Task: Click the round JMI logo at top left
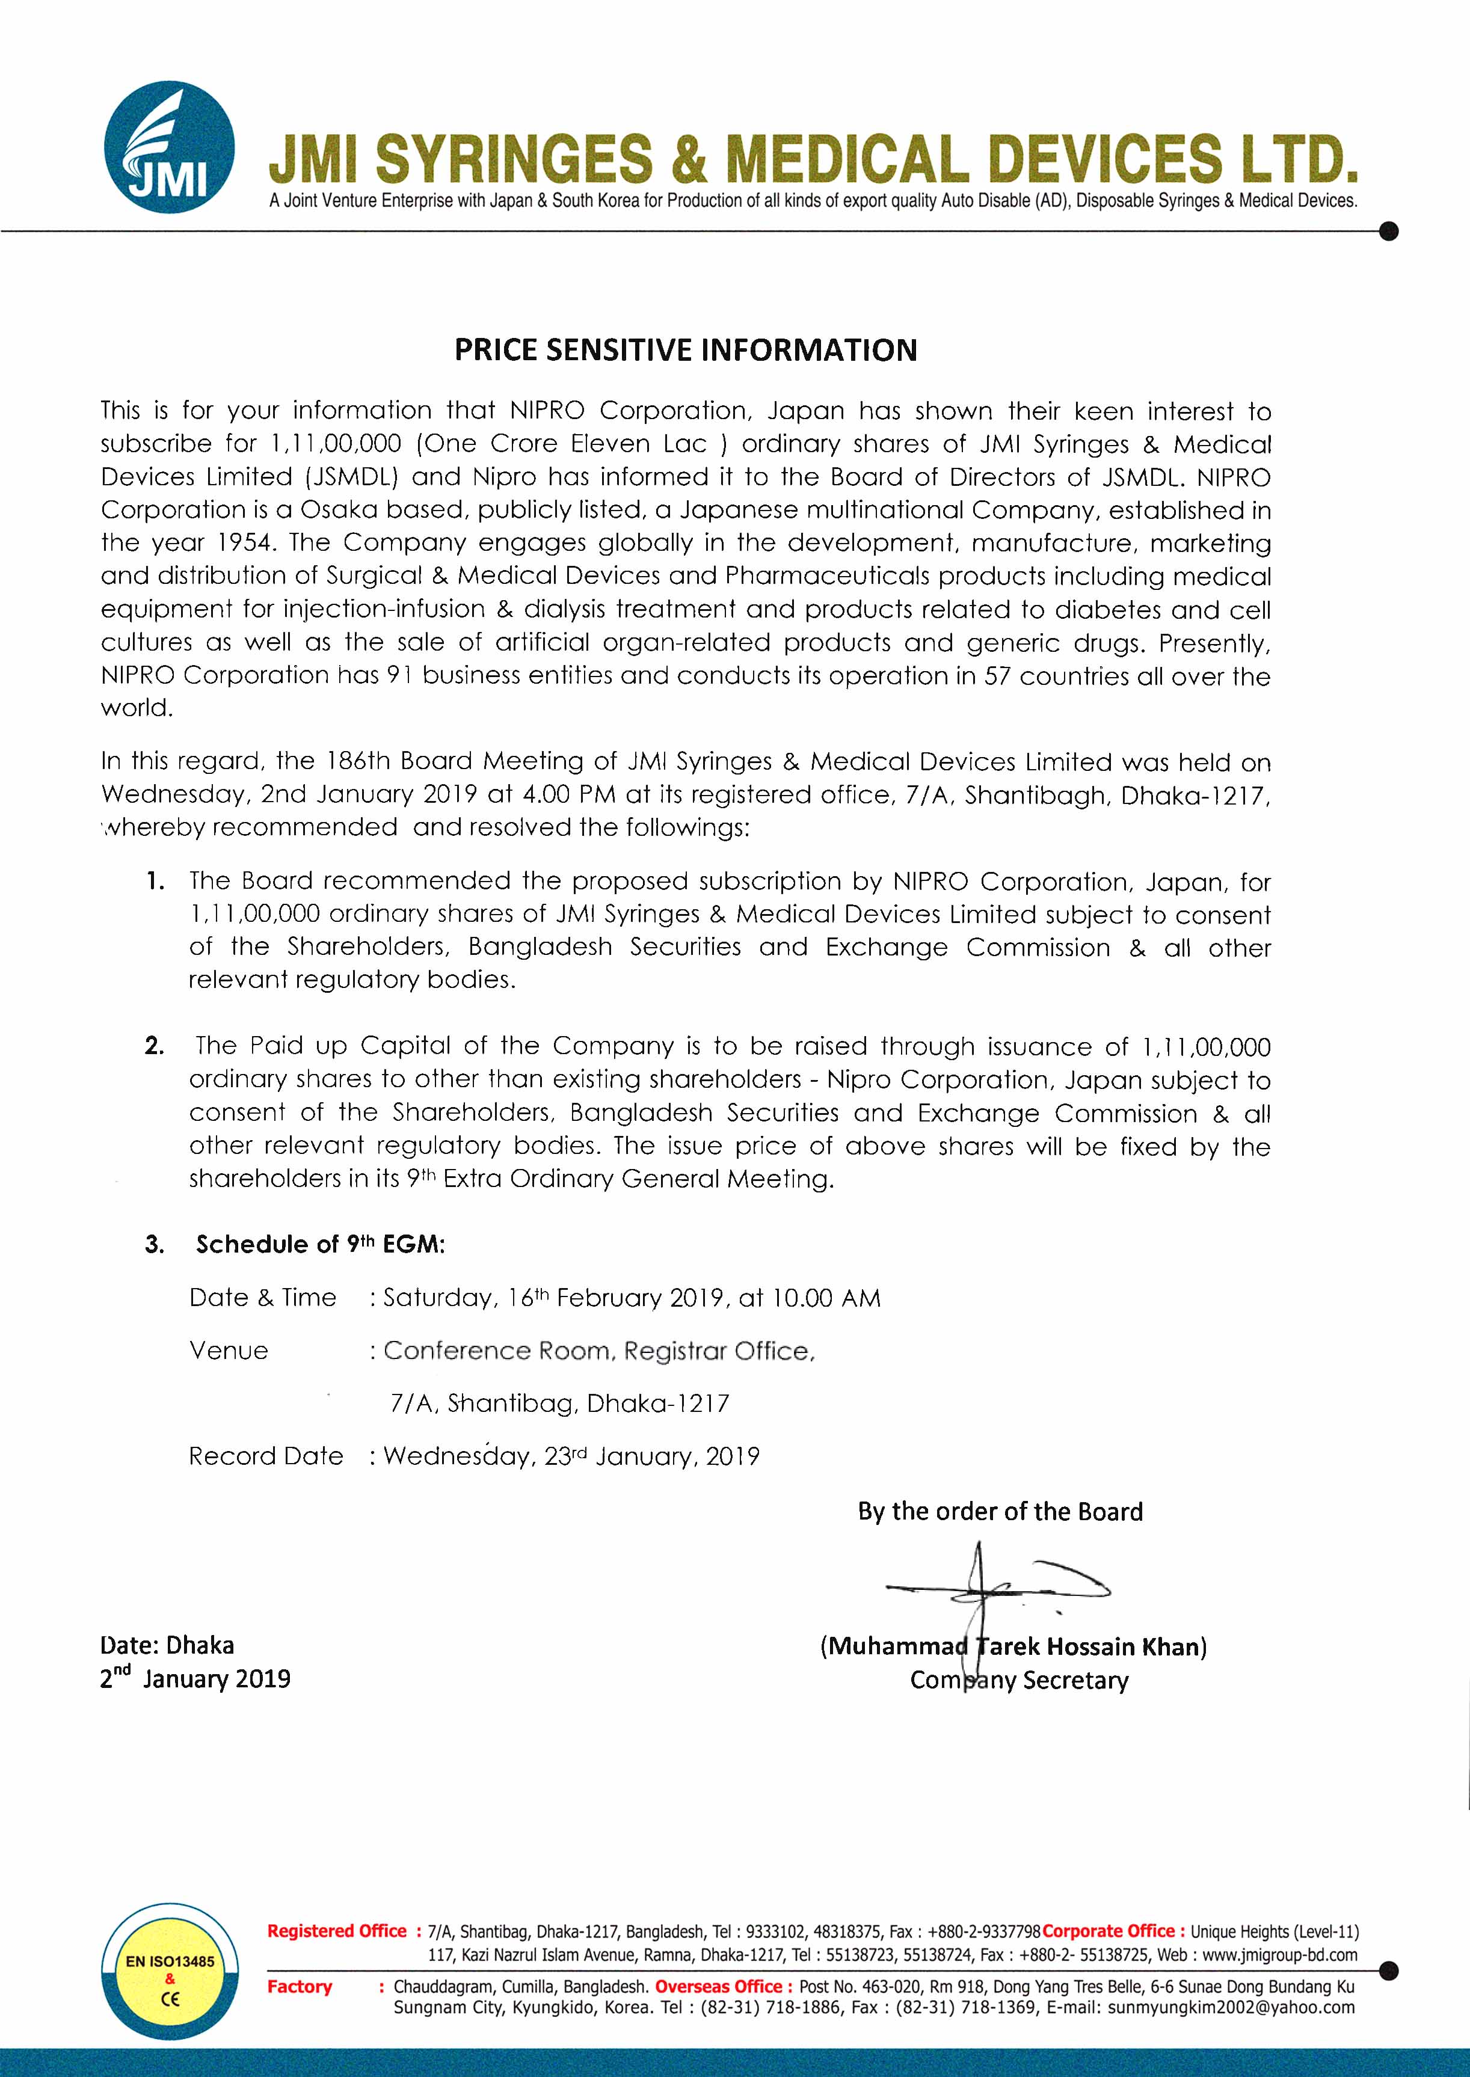pyautogui.click(x=169, y=147)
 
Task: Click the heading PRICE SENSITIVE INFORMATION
pyautogui.click(x=685, y=350)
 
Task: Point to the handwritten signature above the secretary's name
pyautogui.click(x=995, y=1588)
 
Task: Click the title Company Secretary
pyautogui.click(x=1019, y=1681)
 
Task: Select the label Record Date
pyautogui.click(x=266, y=1456)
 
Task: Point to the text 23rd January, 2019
pyautogui.click(x=652, y=1456)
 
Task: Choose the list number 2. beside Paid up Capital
pyautogui.click(x=155, y=1046)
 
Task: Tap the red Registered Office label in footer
pyautogui.click(x=337, y=1931)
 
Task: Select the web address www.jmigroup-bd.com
pyautogui.click(x=1280, y=1955)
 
